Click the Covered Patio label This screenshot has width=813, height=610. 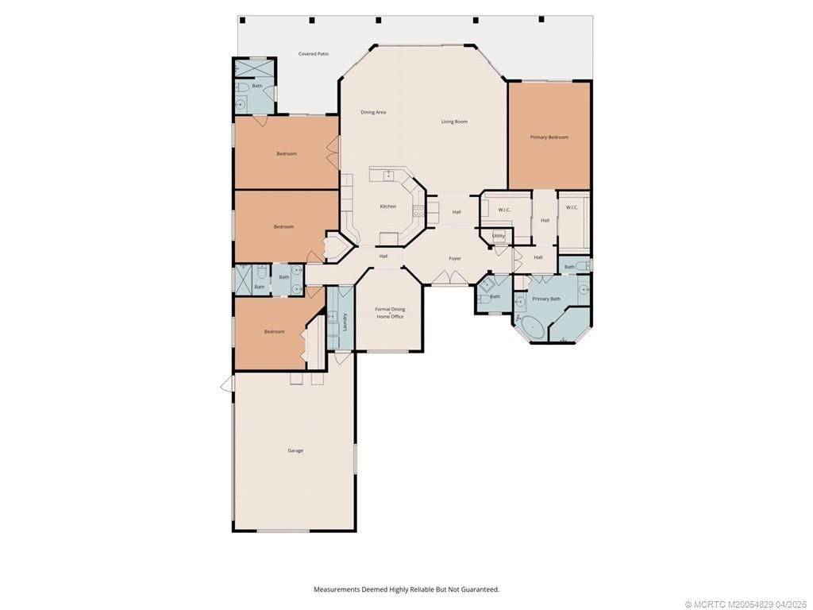[x=313, y=54]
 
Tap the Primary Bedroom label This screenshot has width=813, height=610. [x=549, y=137]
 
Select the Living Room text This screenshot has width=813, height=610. [x=454, y=122]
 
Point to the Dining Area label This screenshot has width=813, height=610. [x=373, y=113]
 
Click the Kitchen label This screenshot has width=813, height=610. [x=387, y=207]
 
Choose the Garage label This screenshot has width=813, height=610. [x=295, y=451]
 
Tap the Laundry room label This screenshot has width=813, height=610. [x=345, y=322]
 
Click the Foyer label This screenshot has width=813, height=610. [x=455, y=258]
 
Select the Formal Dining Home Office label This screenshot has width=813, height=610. [x=390, y=313]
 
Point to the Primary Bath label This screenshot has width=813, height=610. [x=546, y=299]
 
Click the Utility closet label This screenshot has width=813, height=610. [x=499, y=236]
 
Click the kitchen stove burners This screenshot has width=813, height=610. [x=417, y=210]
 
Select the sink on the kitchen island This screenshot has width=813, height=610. [x=388, y=176]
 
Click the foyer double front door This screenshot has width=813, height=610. [x=449, y=277]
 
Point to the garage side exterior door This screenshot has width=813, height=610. [x=227, y=384]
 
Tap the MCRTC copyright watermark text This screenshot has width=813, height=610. [x=746, y=604]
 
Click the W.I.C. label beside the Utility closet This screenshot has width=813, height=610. [x=504, y=210]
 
